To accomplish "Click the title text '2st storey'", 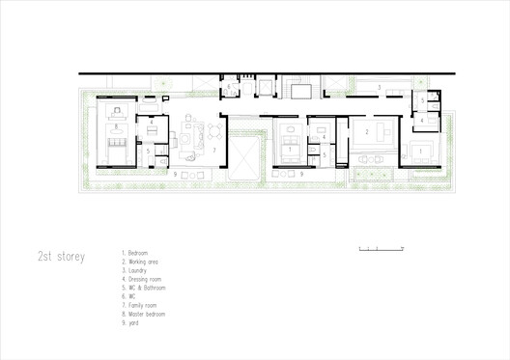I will coord(60,257).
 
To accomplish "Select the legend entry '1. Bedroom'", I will coord(137,252).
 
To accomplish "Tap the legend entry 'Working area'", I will coord(142,261).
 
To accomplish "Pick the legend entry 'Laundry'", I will coord(137,269).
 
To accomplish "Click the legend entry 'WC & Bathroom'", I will coord(144,287).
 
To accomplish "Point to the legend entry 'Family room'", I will coord(141,304).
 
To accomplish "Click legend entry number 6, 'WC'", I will coord(129,295).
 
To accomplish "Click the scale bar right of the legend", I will coord(373,250).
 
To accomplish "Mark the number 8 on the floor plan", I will coord(116,126).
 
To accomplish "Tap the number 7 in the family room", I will coord(214,151).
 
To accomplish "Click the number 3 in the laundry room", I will coord(380,88).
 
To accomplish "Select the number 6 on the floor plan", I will coord(422,99).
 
